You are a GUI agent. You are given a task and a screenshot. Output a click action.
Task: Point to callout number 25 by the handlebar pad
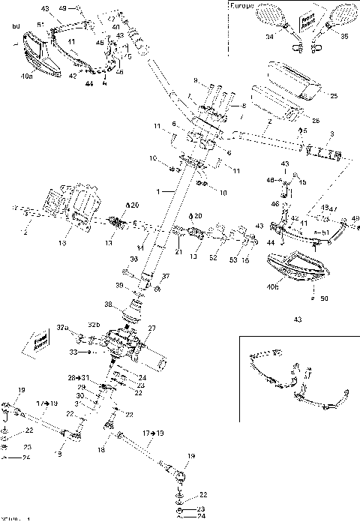(x=334, y=96)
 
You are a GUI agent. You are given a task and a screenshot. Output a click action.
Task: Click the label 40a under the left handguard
(x=26, y=76)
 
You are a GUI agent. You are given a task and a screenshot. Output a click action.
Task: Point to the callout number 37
(x=166, y=276)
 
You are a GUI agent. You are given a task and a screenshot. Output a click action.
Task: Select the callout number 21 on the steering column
(x=178, y=253)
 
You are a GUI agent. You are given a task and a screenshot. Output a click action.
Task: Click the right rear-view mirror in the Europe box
(x=345, y=13)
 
